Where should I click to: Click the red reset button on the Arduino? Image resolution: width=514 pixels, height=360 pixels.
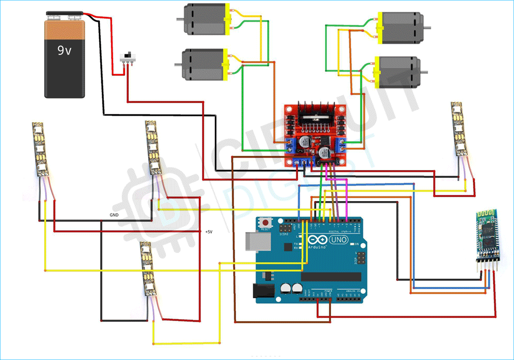(x=266, y=223)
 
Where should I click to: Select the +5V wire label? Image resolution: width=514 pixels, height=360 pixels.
(x=209, y=232)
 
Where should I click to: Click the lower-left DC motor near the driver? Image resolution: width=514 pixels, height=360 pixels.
(x=201, y=65)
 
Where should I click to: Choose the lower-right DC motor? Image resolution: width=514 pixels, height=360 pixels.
(x=398, y=71)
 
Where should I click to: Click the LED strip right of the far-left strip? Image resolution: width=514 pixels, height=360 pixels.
(x=153, y=147)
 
